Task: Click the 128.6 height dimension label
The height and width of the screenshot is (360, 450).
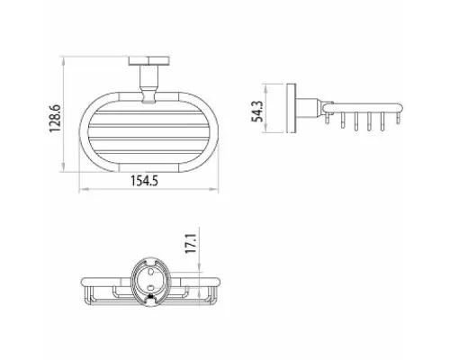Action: point(55,118)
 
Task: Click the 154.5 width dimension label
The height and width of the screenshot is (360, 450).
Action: point(144,181)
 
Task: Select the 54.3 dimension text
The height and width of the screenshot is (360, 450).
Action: point(257,111)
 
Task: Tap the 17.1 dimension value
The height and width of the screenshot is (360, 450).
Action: point(191,244)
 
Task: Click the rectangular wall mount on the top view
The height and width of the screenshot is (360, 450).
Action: point(149,60)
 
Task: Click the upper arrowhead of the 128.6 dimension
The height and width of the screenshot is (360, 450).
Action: point(63,61)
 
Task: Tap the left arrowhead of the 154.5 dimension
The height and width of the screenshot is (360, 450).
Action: point(84,189)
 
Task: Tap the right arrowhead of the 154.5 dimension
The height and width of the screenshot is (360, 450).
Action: point(214,189)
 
